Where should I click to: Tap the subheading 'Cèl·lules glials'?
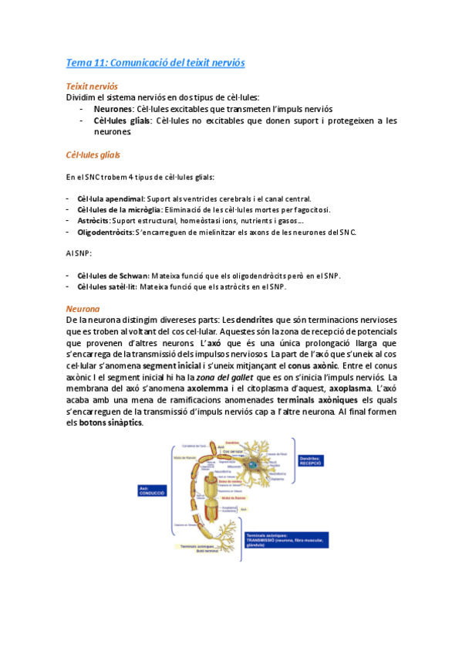(93, 154)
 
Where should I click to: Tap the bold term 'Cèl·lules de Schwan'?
(113, 276)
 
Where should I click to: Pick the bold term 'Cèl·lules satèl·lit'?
(107, 287)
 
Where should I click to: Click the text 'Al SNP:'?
(79, 253)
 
